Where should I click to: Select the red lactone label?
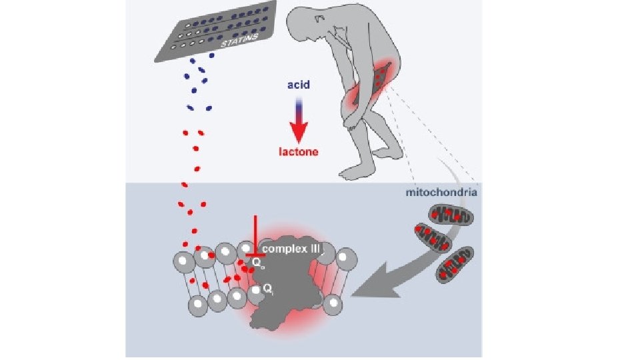point(299,151)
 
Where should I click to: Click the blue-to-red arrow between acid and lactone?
point(299,120)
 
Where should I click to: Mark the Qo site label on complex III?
point(256,264)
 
